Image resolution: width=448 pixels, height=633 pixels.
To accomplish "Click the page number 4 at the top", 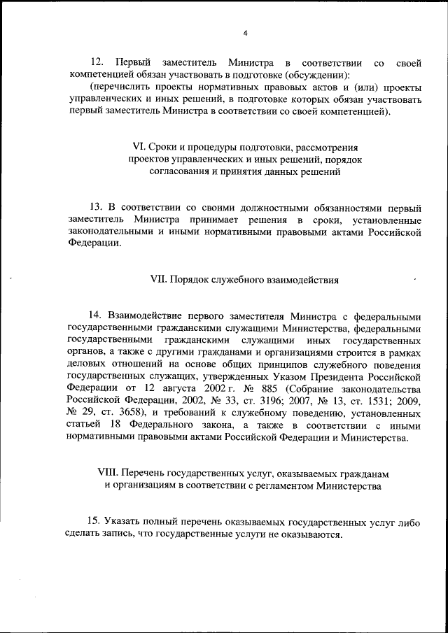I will click(x=245, y=33).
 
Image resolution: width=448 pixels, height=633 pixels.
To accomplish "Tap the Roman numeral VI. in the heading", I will click(x=139, y=148).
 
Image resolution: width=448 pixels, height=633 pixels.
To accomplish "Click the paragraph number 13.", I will click(x=97, y=208).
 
